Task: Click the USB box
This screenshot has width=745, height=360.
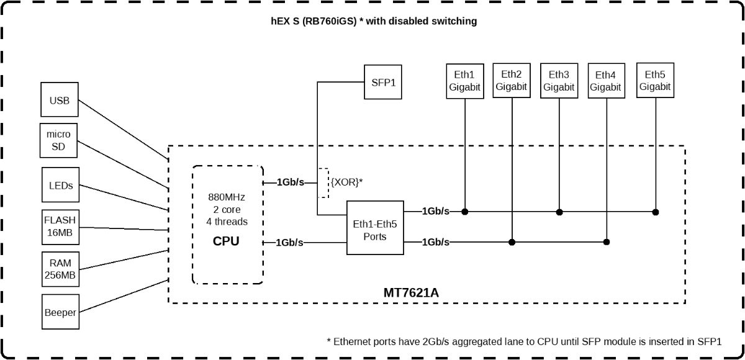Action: (60, 100)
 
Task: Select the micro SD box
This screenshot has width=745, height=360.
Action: (58, 141)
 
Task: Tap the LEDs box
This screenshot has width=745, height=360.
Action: (61, 185)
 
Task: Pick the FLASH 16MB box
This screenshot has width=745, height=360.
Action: (61, 227)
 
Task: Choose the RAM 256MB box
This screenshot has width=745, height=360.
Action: (61, 269)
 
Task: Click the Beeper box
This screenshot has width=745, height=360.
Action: (61, 312)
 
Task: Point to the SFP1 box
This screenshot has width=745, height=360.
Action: (383, 82)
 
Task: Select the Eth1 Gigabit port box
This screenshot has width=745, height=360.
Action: (465, 81)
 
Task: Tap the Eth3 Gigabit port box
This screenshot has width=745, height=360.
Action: (559, 81)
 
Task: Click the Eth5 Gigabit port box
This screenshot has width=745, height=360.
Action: (655, 81)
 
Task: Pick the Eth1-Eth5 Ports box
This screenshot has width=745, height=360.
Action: (375, 228)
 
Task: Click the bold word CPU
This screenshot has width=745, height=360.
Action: (226, 241)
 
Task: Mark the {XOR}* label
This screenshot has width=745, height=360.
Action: (346, 182)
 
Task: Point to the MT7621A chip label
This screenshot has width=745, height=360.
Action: (411, 293)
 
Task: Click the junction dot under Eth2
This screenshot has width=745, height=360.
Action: (512, 242)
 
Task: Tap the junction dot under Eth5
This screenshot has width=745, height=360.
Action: (656, 212)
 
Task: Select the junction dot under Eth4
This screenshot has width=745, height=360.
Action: (607, 242)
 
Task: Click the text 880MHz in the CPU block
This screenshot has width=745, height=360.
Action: (227, 197)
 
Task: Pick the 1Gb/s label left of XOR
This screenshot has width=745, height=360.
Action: (291, 182)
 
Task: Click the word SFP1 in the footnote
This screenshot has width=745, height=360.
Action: (710, 342)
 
